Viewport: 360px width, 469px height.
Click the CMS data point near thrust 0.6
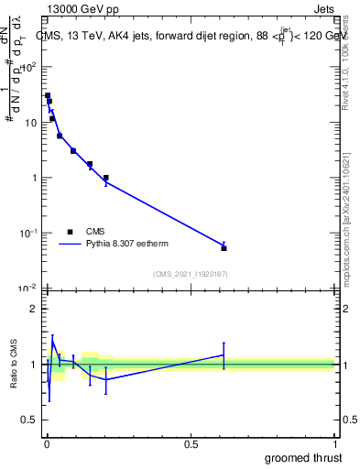coord(224,247)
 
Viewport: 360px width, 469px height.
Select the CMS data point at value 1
coord(106,178)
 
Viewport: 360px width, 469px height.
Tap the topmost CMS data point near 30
coord(48,95)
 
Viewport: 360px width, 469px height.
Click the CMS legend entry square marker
coord(70,232)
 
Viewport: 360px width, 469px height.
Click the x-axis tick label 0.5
coord(191,444)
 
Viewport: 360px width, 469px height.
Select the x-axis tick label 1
coord(334,444)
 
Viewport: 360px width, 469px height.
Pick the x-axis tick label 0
coord(47,444)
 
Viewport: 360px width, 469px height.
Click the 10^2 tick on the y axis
coord(31,67)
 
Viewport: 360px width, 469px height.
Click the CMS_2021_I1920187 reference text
coord(190,274)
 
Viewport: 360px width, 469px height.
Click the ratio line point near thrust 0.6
coord(224,354)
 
